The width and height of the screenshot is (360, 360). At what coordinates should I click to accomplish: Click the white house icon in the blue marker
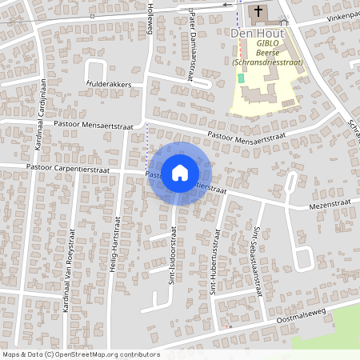[180, 172]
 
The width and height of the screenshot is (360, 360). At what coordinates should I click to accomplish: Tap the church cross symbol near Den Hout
[258, 13]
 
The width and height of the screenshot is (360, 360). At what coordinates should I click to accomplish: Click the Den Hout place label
[254, 34]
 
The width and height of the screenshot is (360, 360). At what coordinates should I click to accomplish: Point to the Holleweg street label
[150, 18]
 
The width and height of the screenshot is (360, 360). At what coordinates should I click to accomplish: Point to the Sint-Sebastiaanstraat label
[258, 261]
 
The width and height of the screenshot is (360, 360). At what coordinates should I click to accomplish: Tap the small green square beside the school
[241, 78]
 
